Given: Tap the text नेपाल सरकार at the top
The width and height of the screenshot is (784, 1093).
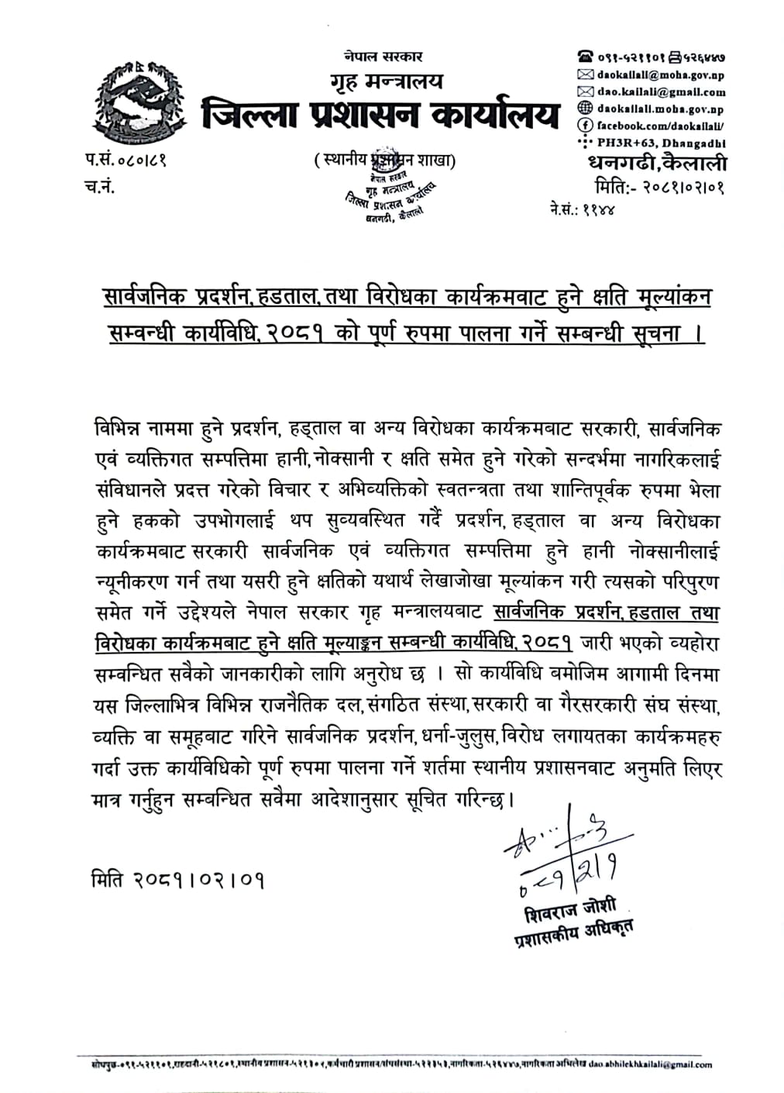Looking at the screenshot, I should click(384, 57).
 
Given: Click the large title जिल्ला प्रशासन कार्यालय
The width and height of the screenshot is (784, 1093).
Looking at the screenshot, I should click(380, 115).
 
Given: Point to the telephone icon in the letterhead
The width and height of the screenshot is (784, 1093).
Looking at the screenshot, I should click(585, 57).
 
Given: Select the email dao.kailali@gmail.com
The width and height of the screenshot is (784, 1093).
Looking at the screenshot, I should click(661, 92).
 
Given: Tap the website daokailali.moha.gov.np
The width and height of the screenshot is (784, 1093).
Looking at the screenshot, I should click(660, 109).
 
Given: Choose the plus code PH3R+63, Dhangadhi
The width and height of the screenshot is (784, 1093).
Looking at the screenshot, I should click(663, 143).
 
